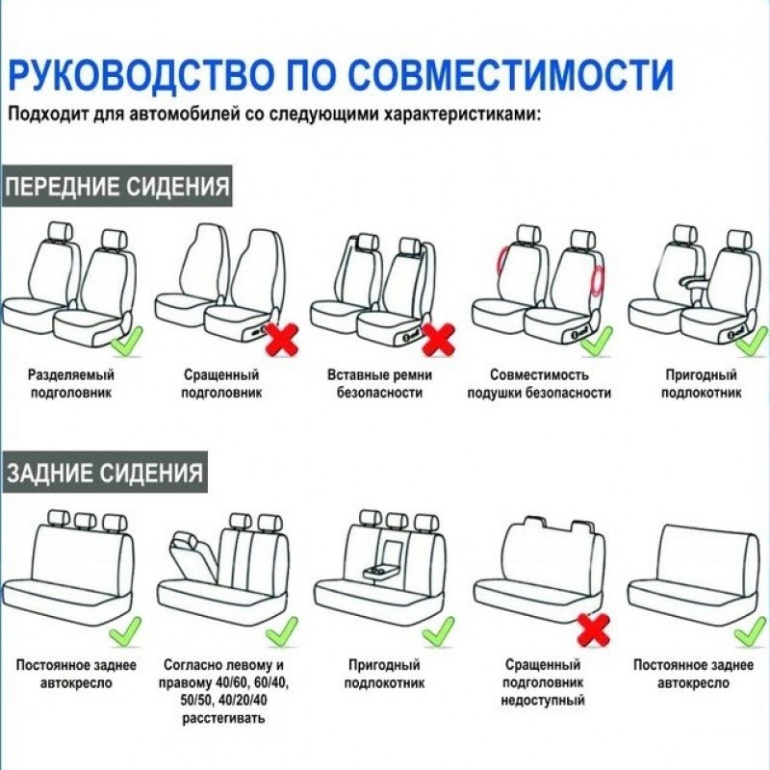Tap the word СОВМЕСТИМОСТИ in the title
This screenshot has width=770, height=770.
(x=510, y=74)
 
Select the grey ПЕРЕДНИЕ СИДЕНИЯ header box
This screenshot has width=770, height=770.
(x=116, y=186)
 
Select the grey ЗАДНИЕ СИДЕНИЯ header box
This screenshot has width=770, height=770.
(x=105, y=473)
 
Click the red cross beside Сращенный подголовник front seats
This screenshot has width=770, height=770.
(x=281, y=340)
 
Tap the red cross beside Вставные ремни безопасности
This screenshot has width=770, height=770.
(x=439, y=340)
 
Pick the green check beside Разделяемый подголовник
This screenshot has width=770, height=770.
(x=127, y=341)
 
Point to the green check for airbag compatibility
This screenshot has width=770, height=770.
(x=597, y=341)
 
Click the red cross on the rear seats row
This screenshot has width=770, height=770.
(x=594, y=630)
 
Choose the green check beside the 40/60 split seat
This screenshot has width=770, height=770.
(x=281, y=631)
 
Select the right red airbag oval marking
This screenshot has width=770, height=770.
(x=599, y=280)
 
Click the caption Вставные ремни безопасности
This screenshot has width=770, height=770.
(x=379, y=383)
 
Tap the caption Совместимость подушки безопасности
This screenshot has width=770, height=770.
(x=539, y=383)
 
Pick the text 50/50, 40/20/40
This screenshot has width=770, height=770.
(x=223, y=700)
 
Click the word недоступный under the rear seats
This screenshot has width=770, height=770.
(x=543, y=700)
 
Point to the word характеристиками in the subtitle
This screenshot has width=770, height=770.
(x=463, y=115)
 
